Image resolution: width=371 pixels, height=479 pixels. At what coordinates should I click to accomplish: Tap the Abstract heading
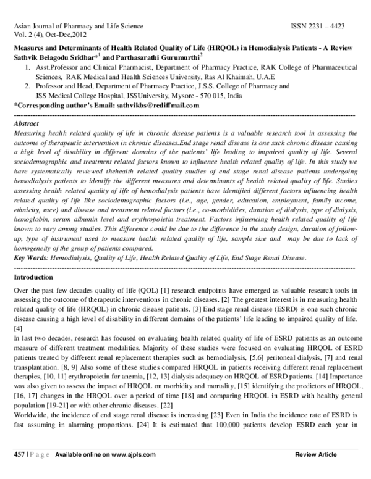26,124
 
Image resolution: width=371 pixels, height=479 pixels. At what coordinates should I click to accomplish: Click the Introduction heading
34,278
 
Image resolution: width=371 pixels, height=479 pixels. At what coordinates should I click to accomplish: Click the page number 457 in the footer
19,454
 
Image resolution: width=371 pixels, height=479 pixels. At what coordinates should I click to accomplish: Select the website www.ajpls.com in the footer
132,454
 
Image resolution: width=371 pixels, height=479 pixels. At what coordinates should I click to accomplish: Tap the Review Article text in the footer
316,454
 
